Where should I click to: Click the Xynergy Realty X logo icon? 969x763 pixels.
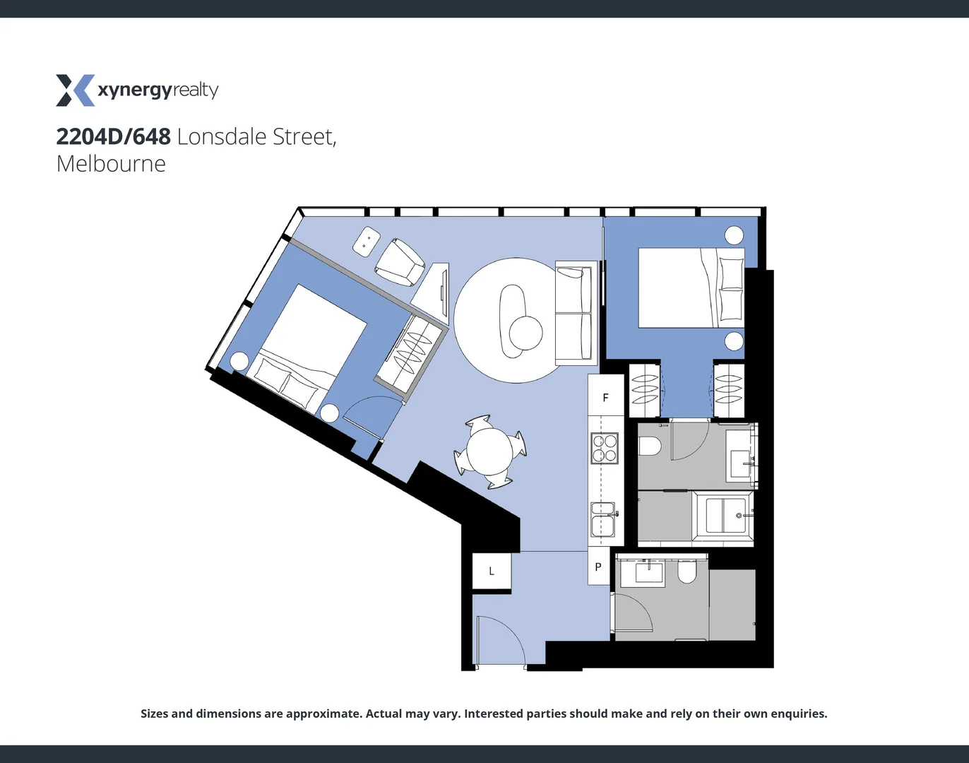(x=75, y=90)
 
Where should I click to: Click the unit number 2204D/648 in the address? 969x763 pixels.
(x=113, y=136)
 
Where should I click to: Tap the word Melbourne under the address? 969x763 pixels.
(x=111, y=164)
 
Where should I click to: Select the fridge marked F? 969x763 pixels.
(x=605, y=397)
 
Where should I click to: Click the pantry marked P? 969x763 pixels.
(x=598, y=567)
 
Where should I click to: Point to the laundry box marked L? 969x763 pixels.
(x=492, y=571)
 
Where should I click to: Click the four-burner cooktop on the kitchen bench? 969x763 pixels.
(x=605, y=448)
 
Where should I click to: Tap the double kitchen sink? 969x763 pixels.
(x=603, y=520)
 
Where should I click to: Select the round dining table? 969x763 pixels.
(x=491, y=451)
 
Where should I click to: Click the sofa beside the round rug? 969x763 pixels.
(x=573, y=314)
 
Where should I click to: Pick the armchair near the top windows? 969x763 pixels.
(x=400, y=262)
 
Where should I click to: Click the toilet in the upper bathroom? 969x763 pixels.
(x=649, y=446)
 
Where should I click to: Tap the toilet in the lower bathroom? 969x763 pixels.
(x=686, y=572)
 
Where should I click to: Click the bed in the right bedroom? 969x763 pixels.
(x=691, y=288)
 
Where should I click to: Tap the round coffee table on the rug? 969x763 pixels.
(x=525, y=333)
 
